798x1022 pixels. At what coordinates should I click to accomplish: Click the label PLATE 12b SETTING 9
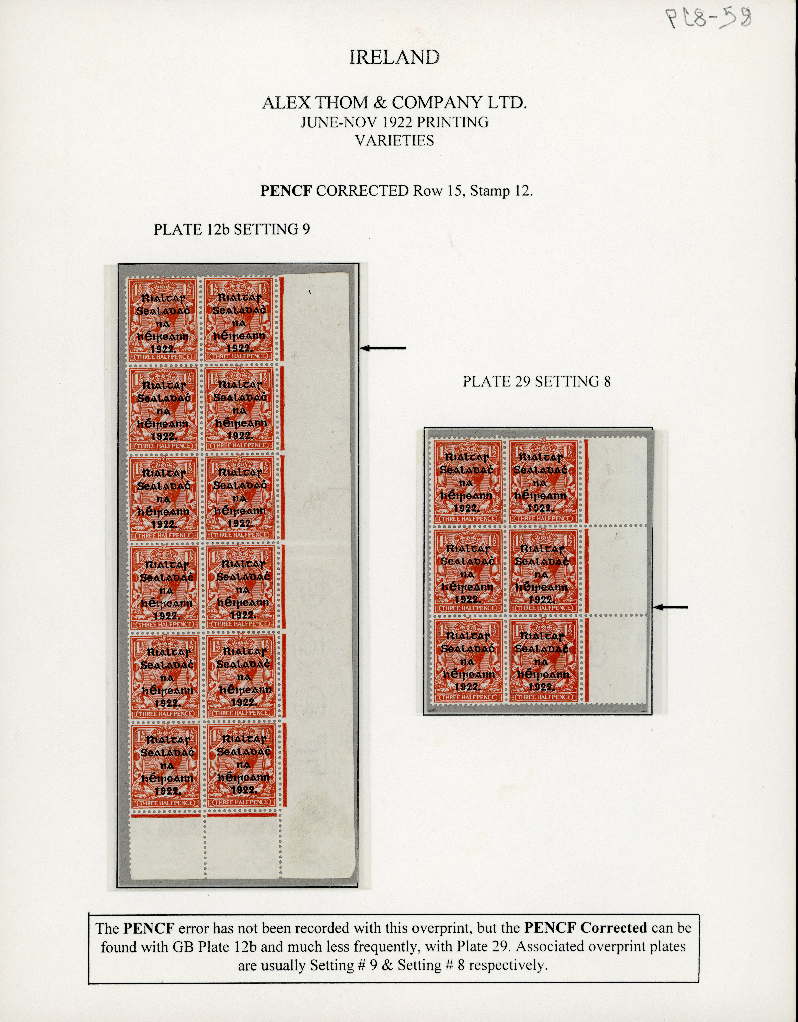(232, 229)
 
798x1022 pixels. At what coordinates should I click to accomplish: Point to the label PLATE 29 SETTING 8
(537, 382)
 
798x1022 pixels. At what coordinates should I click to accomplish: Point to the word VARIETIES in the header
(394, 140)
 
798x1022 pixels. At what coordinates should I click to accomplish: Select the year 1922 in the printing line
(386, 123)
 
